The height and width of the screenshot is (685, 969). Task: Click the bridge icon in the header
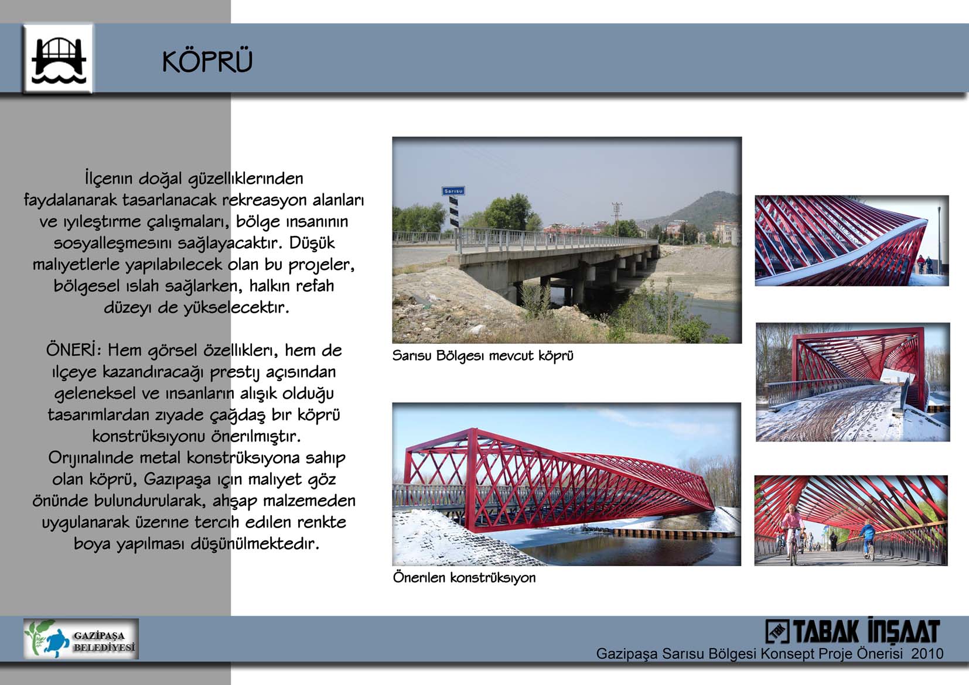58,59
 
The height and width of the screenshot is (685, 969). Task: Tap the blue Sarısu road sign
453,191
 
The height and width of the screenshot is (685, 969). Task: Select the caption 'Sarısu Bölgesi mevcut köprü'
483,356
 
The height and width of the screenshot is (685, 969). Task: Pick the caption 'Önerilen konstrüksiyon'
464,577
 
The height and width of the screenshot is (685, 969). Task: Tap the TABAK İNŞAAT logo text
852,631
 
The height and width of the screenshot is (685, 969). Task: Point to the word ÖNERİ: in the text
74,350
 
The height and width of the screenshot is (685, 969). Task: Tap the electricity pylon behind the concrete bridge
617,219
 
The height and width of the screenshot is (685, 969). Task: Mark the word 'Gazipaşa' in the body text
178,479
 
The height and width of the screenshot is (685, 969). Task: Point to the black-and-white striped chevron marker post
454,212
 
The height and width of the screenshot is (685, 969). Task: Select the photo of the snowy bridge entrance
852,382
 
